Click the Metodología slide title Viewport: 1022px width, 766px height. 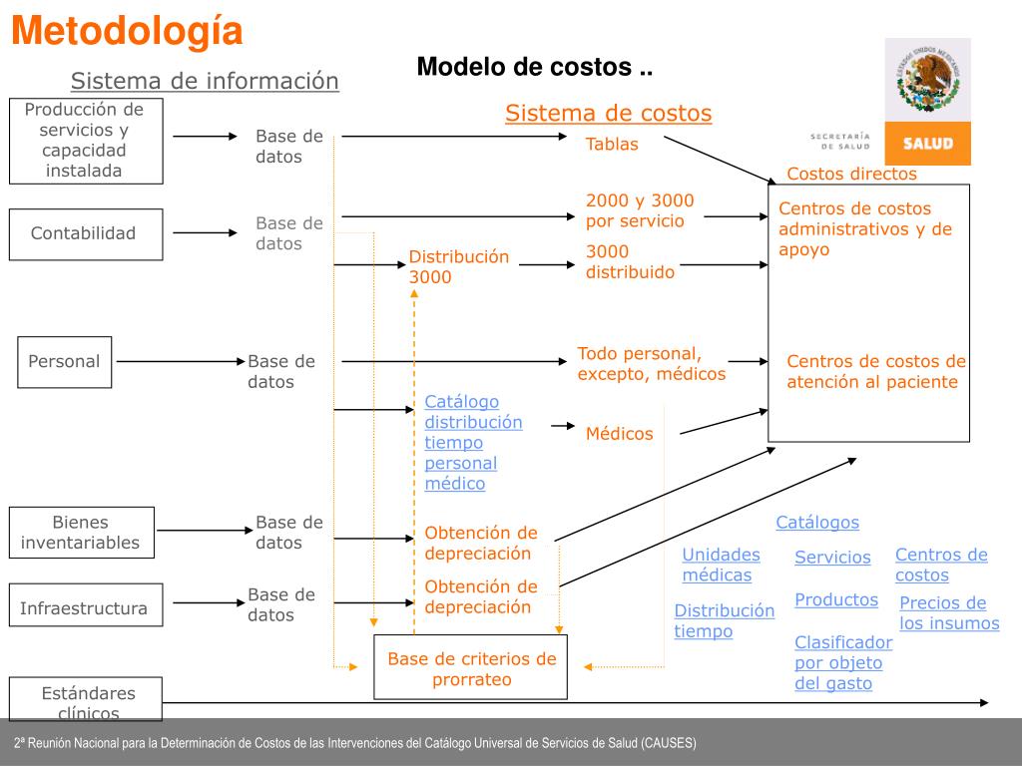[x=128, y=32]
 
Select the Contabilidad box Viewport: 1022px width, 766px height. [x=86, y=233]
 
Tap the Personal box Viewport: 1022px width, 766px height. [x=65, y=361]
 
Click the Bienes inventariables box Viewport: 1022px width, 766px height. [x=81, y=533]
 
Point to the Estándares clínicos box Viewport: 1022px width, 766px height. [x=86, y=699]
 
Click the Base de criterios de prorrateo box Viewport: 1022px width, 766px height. [x=471, y=668]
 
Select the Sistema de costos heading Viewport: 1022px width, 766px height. [x=608, y=114]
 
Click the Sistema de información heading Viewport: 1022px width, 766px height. [x=205, y=81]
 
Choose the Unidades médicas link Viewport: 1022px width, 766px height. [x=721, y=565]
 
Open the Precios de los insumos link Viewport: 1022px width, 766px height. [x=948, y=613]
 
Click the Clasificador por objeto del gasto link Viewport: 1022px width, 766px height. [x=842, y=663]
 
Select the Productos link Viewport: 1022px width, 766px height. [x=836, y=599]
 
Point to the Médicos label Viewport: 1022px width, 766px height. [x=619, y=434]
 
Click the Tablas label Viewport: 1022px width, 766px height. [x=612, y=145]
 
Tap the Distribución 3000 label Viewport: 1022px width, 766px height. [x=458, y=267]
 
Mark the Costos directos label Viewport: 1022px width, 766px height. [x=851, y=175]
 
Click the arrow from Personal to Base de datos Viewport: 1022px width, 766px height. [x=180, y=361]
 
